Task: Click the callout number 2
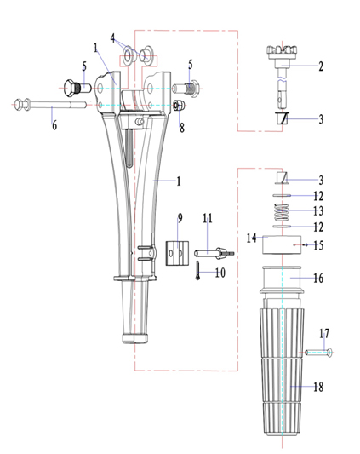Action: [321, 66]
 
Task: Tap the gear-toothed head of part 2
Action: [283, 52]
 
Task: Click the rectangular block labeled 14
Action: [282, 245]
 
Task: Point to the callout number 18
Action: [318, 387]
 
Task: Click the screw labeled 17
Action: [318, 353]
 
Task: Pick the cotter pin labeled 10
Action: [197, 270]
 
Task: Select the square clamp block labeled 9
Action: [177, 253]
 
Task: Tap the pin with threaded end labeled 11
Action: [214, 252]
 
